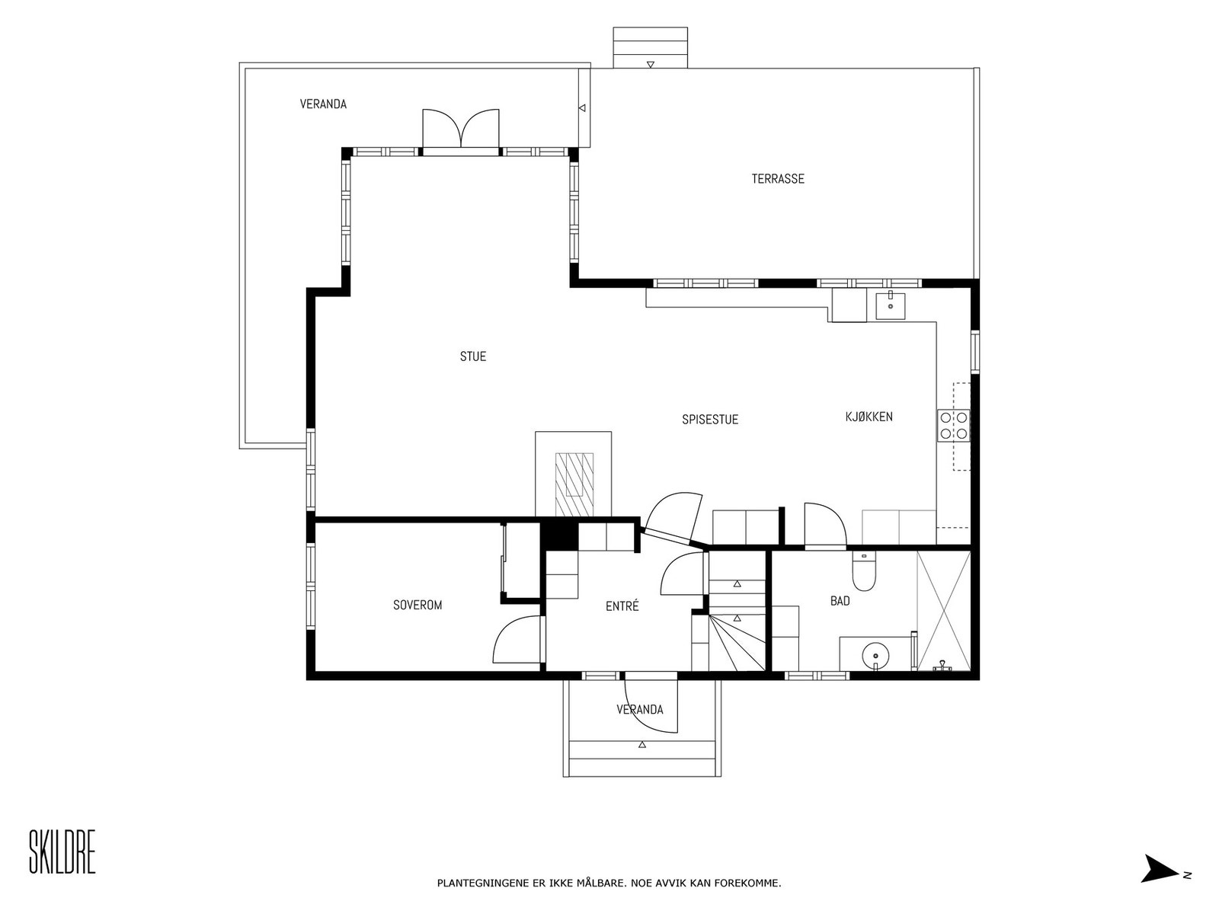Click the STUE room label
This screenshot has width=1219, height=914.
[472, 356]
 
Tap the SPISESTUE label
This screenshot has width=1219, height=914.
[710, 420]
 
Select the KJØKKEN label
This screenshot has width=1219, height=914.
[869, 416]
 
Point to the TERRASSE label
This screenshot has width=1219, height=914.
[778, 179]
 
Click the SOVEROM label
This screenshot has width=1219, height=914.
[417, 605]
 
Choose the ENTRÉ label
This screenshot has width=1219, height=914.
[622, 606]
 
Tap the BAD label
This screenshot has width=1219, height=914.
[840, 600]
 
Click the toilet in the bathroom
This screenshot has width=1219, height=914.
[863, 570]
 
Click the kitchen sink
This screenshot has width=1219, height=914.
[890, 305]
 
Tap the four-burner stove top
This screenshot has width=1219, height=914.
[953, 425]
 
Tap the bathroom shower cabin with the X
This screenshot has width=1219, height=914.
[943, 611]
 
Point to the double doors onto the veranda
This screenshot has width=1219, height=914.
[460, 129]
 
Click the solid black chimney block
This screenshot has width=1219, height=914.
[559, 535]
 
